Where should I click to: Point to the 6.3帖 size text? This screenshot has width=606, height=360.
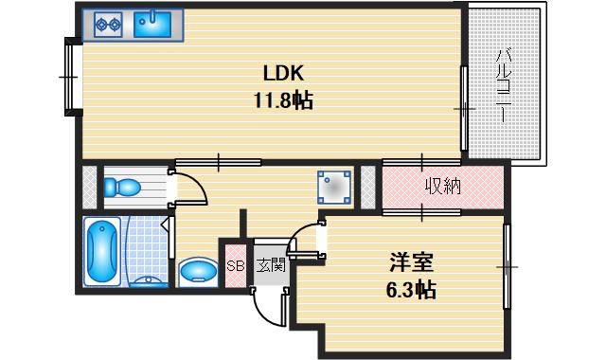412,291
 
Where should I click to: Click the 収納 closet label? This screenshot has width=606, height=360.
441,187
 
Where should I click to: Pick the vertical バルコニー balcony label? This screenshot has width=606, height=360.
507,85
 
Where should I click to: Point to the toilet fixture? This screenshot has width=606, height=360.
120,186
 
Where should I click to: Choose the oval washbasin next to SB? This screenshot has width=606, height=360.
198,272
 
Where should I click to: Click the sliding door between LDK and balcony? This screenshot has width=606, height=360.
463,108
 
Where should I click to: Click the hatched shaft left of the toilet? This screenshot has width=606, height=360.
87,186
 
